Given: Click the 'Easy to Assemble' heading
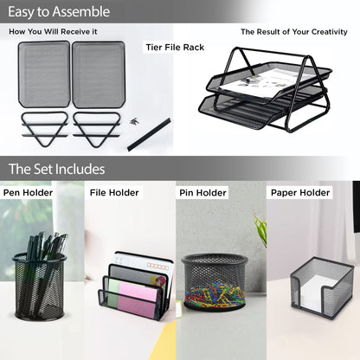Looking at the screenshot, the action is pyautogui.click(x=59, y=12).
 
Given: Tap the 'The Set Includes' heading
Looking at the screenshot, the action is pyautogui.click(x=56, y=169).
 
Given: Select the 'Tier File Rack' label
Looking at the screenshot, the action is pyautogui.click(x=175, y=48).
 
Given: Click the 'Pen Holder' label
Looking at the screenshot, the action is pyautogui.click(x=28, y=193).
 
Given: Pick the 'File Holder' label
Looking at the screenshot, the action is pyautogui.click(x=114, y=193).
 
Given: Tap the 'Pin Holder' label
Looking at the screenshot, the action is pyautogui.click(x=202, y=193).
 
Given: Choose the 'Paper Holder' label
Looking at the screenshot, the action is pyautogui.click(x=300, y=193).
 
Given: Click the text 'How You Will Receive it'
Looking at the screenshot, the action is pyautogui.click(x=53, y=32).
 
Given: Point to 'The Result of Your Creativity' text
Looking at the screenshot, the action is pyautogui.click(x=294, y=32).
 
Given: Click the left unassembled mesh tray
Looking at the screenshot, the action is pyautogui.click(x=44, y=74).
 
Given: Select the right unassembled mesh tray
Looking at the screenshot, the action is pyautogui.click(x=99, y=74).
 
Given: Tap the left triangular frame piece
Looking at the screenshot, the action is pyautogui.click(x=44, y=128).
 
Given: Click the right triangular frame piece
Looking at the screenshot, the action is pyautogui.click(x=96, y=129).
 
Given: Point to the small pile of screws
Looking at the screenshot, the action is pyautogui.click(x=134, y=122).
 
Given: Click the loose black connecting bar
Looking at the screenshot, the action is pyautogui.click(x=149, y=134).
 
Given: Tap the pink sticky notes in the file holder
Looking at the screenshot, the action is pyautogui.click(x=138, y=299).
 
